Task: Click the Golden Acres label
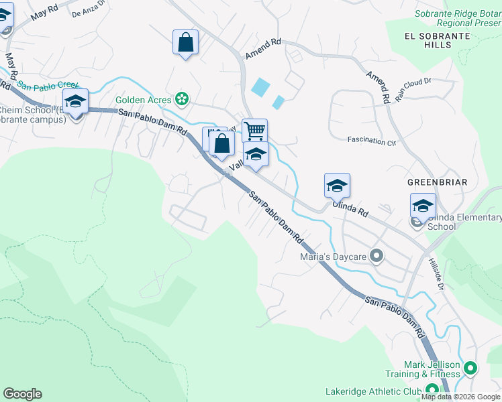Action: (x=143, y=100)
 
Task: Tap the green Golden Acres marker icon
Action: (x=181, y=99)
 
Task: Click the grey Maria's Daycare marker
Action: (x=376, y=255)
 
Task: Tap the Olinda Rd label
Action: (x=350, y=208)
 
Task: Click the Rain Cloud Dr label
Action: (x=413, y=90)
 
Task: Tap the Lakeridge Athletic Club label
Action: (x=372, y=391)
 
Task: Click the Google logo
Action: (x=22, y=394)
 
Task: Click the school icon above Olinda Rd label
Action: (x=337, y=186)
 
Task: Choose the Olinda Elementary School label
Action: (x=464, y=222)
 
